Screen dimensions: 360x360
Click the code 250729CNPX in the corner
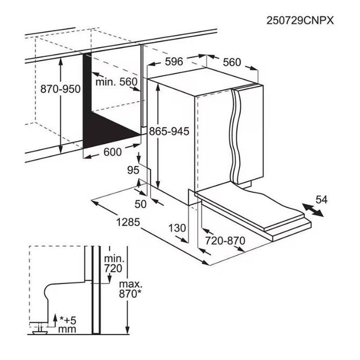[x=300, y=21]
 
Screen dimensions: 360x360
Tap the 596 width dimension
[x=174, y=62]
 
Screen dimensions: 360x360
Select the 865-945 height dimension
[x=169, y=131]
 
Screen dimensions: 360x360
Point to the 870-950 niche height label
[x=60, y=89]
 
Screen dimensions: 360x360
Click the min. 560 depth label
[x=116, y=82]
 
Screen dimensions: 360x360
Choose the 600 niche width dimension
[x=113, y=152]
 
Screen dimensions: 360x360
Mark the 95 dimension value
[x=133, y=170]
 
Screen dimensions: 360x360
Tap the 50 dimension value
[x=140, y=204]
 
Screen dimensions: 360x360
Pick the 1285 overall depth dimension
[x=128, y=222]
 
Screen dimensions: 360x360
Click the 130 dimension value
[x=177, y=228]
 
